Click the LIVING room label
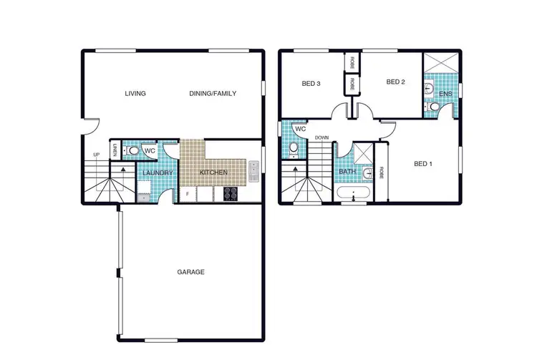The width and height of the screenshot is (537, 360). (x=135, y=94)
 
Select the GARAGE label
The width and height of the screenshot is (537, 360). (x=190, y=272)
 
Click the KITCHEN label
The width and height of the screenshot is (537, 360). (x=213, y=173)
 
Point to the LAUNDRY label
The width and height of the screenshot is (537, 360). (x=155, y=173)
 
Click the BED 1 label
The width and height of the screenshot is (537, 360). (x=424, y=164)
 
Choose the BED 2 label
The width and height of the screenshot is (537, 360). (x=396, y=82)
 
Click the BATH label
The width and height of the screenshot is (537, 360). (x=348, y=172)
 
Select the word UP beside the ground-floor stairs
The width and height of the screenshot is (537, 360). (x=96, y=155)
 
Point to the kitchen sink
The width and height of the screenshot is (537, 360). (x=253, y=171)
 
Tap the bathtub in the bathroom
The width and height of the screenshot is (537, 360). (x=353, y=193)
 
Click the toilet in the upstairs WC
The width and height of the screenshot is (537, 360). (x=294, y=149)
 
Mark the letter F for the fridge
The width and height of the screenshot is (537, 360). (x=188, y=193)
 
